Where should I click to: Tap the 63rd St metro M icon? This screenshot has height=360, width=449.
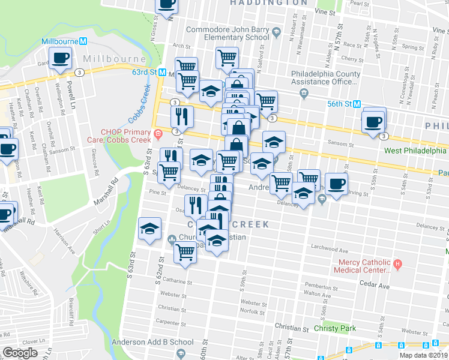click(x=170, y=72)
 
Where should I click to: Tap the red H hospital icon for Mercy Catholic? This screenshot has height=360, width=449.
click(x=397, y=263)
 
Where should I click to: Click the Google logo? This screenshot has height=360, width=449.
click(x=20, y=353)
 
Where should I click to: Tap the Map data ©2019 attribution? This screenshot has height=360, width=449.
click(x=423, y=355)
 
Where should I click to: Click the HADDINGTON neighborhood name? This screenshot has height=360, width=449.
click(x=269, y=3)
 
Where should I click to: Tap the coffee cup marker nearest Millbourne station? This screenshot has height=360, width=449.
click(x=61, y=59)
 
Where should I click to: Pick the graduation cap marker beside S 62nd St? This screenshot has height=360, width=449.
click(x=149, y=229)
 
